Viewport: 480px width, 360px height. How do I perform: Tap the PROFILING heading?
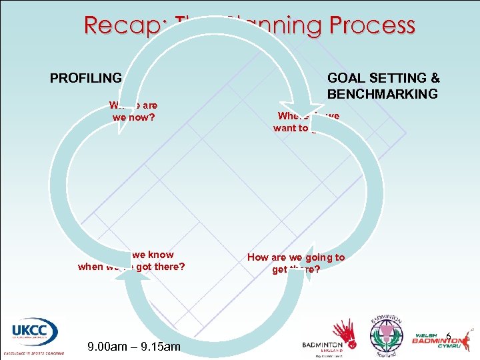click(x=86, y=78)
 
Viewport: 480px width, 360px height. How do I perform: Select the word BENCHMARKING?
click(x=383, y=93)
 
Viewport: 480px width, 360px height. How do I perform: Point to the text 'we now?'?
click(x=134, y=116)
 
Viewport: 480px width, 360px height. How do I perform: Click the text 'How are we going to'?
click(x=296, y=257)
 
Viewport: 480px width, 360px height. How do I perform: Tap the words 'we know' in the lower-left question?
click(x=153, y=255)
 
